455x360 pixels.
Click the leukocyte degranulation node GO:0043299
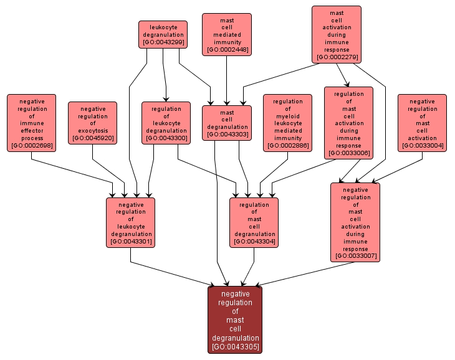[163, 35]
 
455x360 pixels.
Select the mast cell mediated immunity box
[227, 35]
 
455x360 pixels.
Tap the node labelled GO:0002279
[337, 35]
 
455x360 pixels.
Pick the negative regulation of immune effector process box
[32, 123]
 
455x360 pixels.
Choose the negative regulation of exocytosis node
[93, 123]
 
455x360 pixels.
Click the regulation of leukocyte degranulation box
[166, 123]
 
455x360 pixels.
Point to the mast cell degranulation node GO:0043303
[227, 123]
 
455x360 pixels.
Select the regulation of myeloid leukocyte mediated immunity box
[287, 123]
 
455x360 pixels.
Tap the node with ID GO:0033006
[348, 123]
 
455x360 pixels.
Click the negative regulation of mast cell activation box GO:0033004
[422, 123]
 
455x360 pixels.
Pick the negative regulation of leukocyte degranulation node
[130, 222]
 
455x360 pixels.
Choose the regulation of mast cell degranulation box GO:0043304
[254, 222]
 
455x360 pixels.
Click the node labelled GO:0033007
[355, 222]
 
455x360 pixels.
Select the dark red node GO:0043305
[235, 320]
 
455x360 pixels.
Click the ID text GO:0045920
[93, 138]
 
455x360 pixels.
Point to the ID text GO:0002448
[227, 50]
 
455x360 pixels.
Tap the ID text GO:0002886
[287, 146]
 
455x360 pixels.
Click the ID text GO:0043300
[166, 138]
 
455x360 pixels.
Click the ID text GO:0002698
[32, 146]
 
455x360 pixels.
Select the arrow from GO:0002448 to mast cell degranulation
[227, 81]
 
